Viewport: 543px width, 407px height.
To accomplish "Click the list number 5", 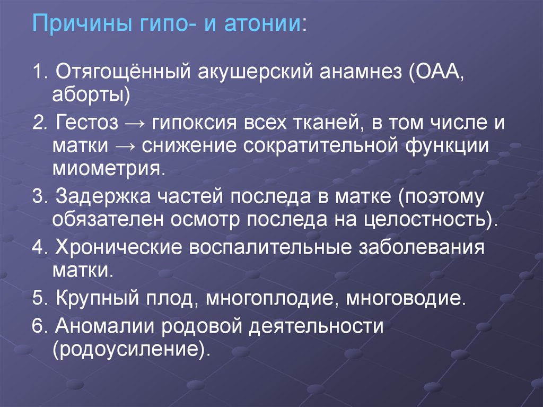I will tap(37, 298).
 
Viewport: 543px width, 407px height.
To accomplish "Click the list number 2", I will tap(37, 124).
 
